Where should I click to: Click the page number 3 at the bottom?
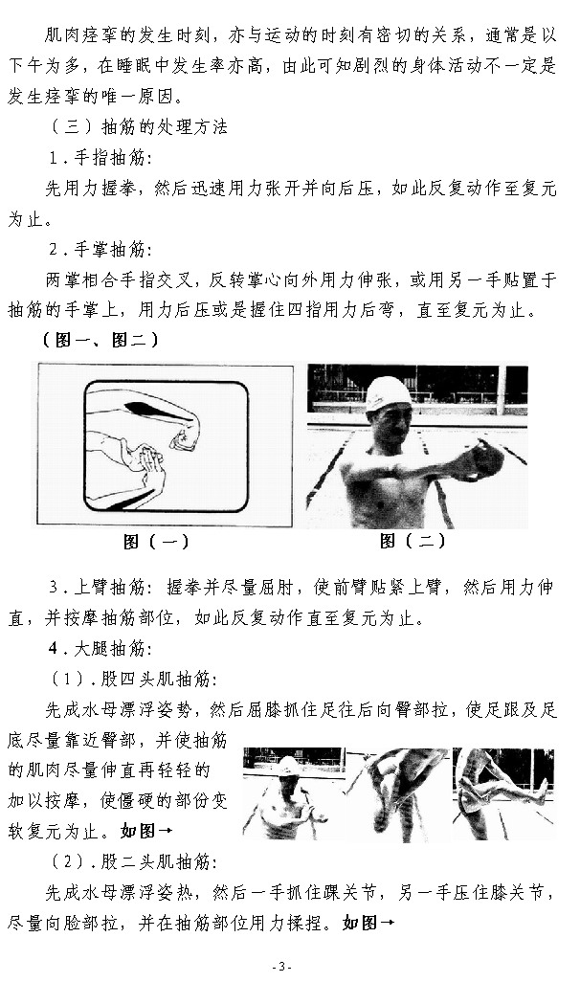[x=281, y=966]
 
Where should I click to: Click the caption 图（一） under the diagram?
[x=156, y=541]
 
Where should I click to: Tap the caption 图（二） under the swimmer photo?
[x=413, y=541]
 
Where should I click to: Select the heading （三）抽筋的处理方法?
[x=139, y=126]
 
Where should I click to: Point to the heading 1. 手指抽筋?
[x=100, y=157]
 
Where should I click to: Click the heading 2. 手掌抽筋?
[x=100, y=249]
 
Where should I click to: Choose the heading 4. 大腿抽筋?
[x=100, y=648]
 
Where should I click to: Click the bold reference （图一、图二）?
[x=100, y=340]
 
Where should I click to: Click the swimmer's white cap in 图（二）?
[x=388, y=392]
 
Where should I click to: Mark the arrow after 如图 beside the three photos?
[x=166, y=831]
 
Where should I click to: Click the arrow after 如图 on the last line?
[x=387, y=923]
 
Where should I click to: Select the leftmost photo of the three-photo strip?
[x=293, y=793]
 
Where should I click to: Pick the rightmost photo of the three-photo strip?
[x=504, y=793]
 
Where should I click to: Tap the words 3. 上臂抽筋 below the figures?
[x=100, y=588]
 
